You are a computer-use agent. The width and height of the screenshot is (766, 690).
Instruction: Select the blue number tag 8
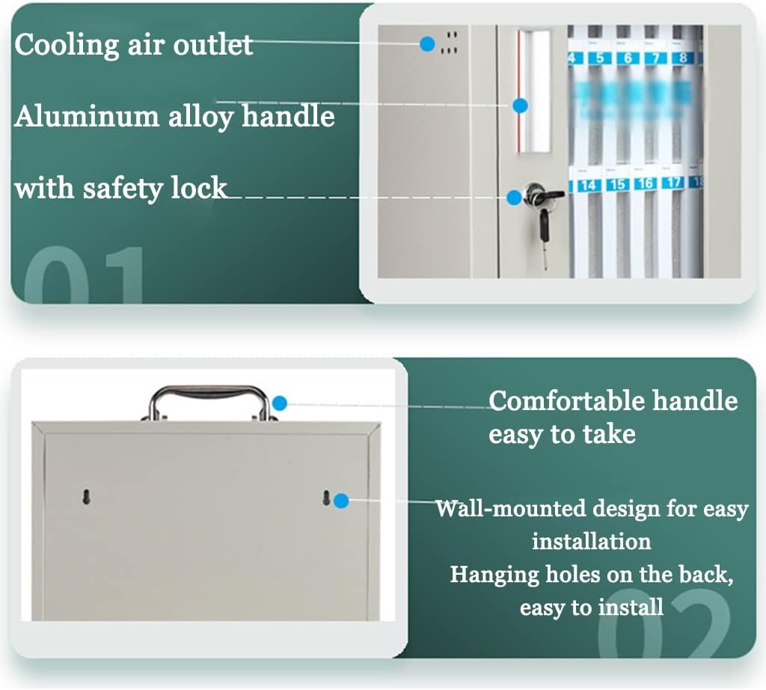point(684,58)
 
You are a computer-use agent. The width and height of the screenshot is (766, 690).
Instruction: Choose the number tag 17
point(673,183)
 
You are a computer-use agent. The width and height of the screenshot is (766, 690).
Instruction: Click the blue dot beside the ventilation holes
point(427,44)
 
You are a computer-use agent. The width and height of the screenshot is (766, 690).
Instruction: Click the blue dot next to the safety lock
point(514,198)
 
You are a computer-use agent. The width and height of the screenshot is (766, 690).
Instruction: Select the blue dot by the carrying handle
point(280,403)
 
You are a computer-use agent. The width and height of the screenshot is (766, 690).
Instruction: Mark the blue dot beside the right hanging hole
point(341,501)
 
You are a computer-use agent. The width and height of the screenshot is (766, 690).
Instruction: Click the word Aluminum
point(87,117)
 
